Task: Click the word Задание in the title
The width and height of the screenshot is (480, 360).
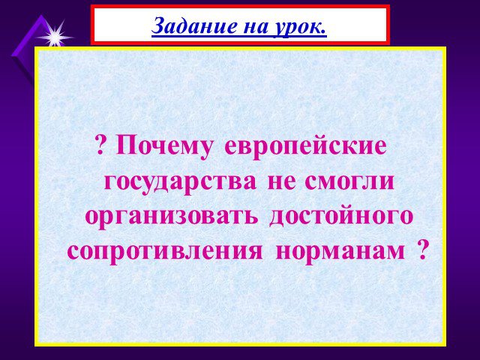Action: click(x=194, y=25)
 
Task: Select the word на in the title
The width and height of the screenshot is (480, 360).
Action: click(x=255, y=28)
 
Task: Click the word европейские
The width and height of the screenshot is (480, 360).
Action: click(x=305, y=145)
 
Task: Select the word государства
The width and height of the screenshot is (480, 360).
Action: click(x=180, y=181)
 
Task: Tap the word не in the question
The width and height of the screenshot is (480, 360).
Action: click(x=282, y=182)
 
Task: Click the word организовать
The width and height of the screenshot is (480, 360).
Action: click(x=171, y=217)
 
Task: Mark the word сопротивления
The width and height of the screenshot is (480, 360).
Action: click(x=165, y=252)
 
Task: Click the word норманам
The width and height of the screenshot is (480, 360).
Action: click(x=340, y=252)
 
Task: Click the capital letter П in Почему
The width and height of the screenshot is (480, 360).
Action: click(x=126, y=145)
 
